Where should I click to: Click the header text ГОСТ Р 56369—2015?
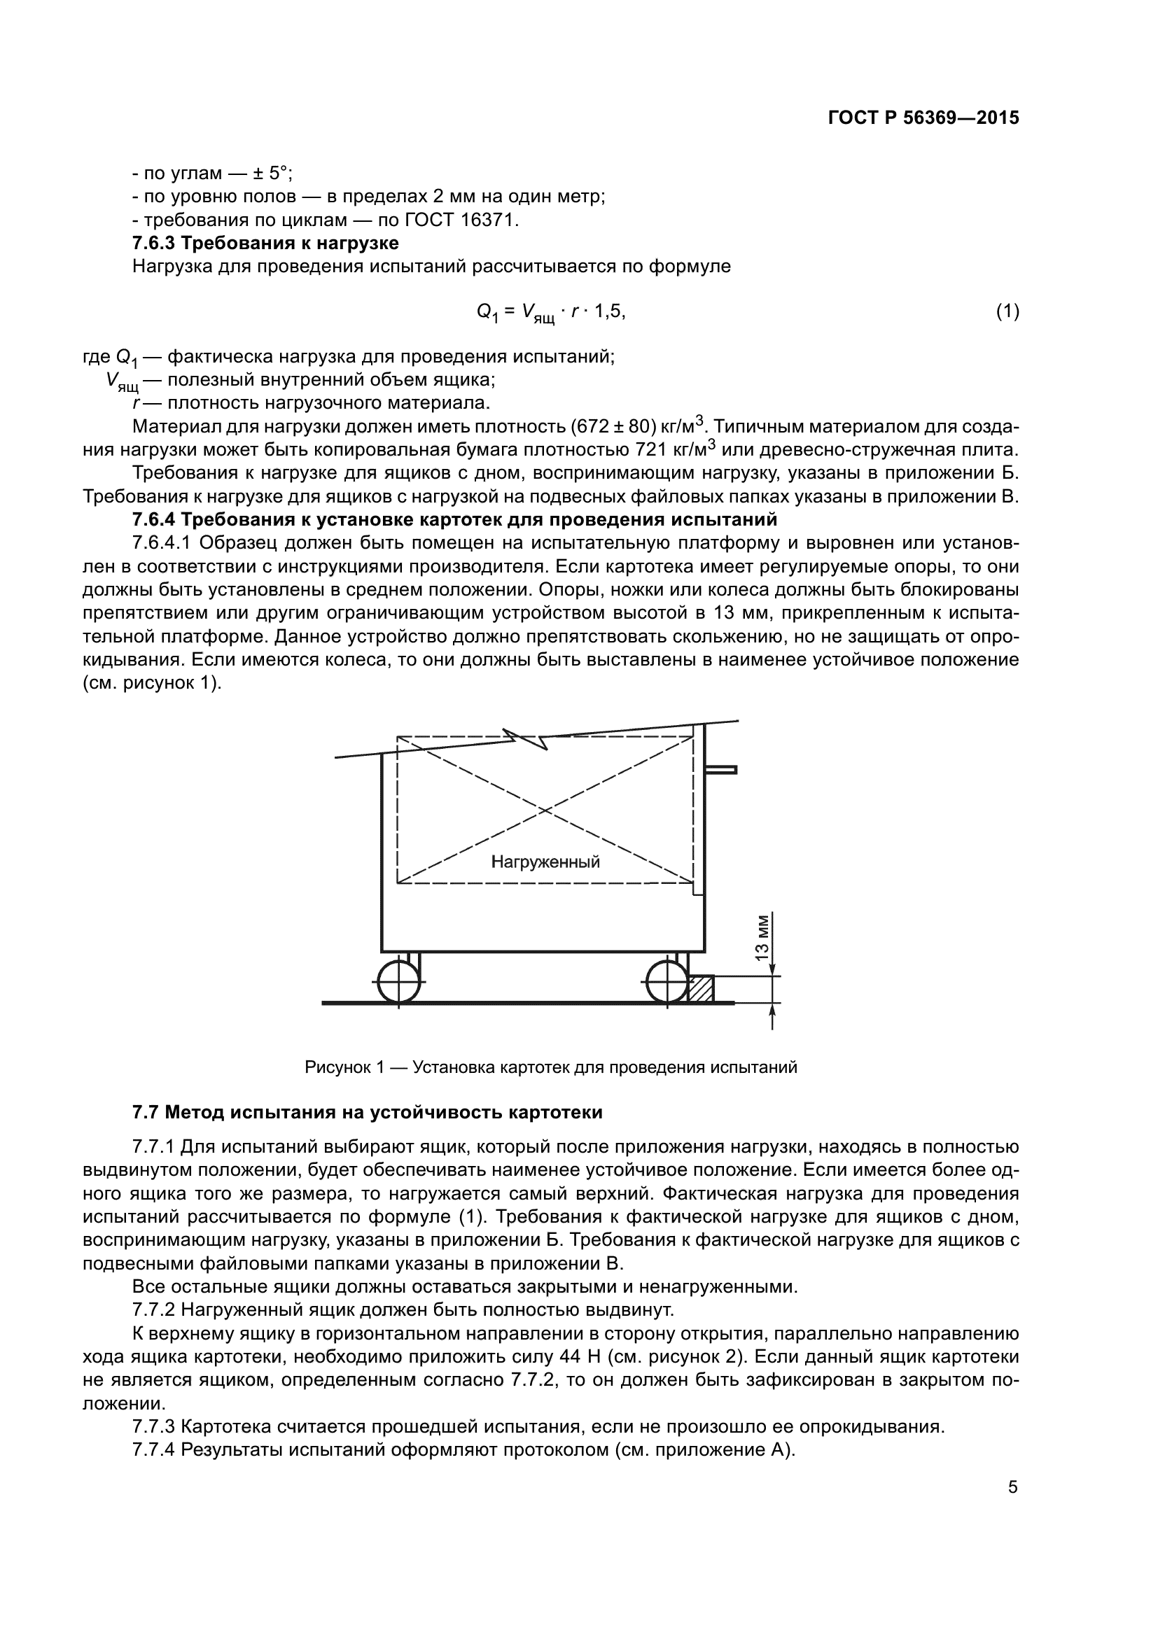[923, 118]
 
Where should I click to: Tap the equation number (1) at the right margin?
[1007, 311]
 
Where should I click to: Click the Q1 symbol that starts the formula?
[487, 313]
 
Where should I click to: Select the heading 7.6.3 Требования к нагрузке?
[265, 243]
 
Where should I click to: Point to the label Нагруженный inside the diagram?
[545, 862]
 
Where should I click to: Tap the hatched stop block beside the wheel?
[701, 990]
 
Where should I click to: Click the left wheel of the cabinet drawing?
[398, 981]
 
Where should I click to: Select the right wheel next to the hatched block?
[667, 981]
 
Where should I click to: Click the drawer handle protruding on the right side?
[722, 769]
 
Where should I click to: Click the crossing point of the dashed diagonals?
[545, 810]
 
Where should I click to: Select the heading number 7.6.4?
[154, 519]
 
